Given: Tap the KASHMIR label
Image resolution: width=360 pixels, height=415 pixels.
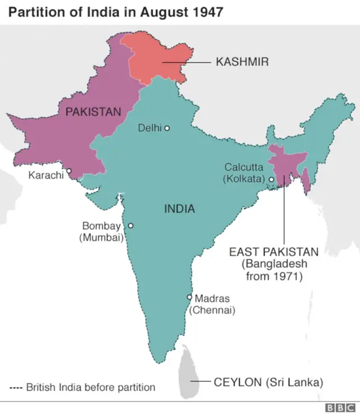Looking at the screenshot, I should (x=242, y=62).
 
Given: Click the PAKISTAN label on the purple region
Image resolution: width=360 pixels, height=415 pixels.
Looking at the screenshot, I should (x=93, y=111).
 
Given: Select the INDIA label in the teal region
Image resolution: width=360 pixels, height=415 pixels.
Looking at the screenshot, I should (x=179, y=209).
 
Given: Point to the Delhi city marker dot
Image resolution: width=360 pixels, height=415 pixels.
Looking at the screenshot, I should (x=167, y=128).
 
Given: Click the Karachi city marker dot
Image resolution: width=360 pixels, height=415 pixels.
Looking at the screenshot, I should (x=69, y=171).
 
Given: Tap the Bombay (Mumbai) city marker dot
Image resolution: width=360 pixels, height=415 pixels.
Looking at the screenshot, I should (x=130, y=225).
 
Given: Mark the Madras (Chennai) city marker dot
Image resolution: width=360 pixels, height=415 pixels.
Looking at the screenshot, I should (x=190, y=297).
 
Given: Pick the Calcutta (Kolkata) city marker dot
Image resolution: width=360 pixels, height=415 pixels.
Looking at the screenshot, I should (x=271, y=180).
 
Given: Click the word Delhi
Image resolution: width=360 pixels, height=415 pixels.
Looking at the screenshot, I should (x=150, y=128).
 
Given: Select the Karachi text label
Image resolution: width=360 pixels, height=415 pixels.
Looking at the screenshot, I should (x=46, y=175).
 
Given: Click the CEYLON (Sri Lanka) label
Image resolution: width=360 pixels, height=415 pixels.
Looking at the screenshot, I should (x=268, y=382).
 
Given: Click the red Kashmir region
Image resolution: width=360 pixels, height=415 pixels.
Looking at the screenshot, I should (x=160, y=58).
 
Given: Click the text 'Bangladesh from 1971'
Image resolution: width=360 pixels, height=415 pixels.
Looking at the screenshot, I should (x=274, y=270).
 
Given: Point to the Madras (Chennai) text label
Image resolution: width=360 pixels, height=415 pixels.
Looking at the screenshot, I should (x=212, y=304).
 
